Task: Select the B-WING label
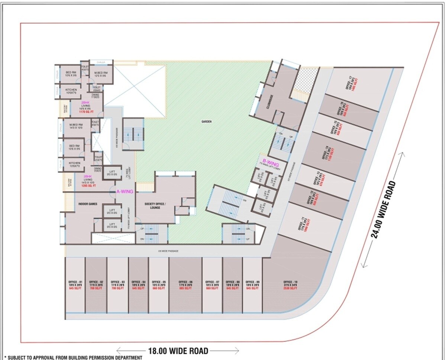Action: [271, 161]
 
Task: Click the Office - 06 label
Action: [186, 282]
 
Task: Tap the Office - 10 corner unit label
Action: [290, 282]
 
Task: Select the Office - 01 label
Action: [75, 282]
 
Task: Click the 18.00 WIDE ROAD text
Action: [177, 350]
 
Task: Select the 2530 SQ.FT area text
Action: [290, 288]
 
